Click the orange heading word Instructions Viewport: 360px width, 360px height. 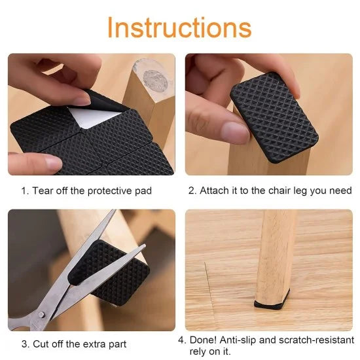click(179, 27)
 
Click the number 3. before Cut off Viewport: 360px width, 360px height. click(24, 344)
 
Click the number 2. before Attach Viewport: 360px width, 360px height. click(192, 191)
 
